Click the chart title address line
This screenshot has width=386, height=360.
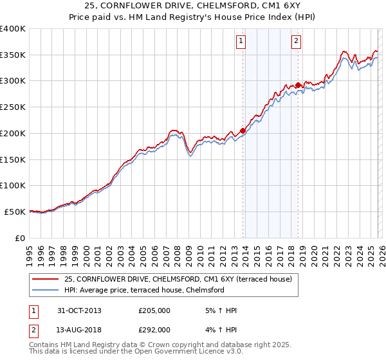(x=192, y=6)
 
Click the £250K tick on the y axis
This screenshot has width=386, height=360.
(x=12, y=107)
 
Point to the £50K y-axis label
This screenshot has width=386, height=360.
(x=14, y=212)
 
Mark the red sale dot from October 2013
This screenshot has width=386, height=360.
(x=243, y=130)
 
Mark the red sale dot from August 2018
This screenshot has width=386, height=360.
(x=298, y=85)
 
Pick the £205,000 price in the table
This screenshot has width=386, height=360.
(x=154, y=310)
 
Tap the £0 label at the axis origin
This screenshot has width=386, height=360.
(x=19, y=238)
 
